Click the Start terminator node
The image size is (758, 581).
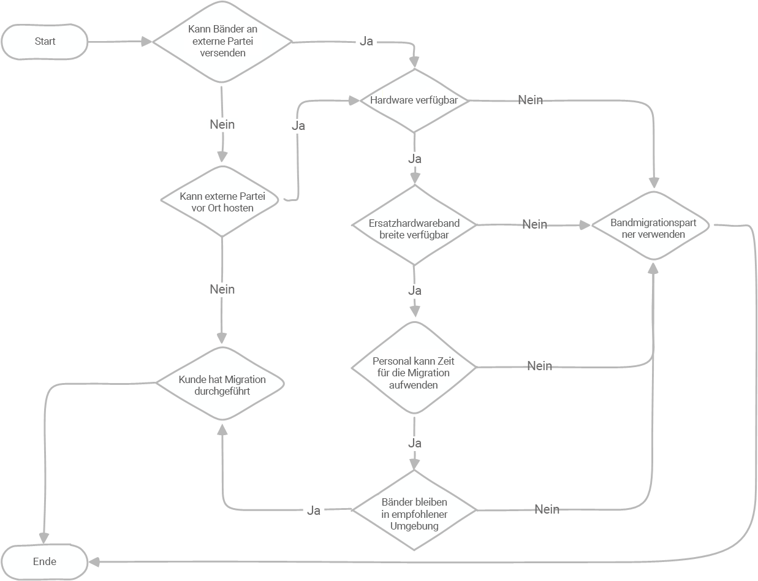pyautogui.click(x=45, y=42)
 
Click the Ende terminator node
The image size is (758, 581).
pyautogui.click(x=45, y=561)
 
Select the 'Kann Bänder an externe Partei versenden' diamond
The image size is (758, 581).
pyautogui.click(x=222, y=42)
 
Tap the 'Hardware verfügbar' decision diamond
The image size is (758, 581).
pyautogui.click(x=414, y=101)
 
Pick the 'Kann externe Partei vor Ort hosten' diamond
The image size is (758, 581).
pyautogui.click(x=222, y=202)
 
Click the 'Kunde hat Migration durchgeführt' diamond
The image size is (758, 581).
pyautogui.click(x=222, y=384)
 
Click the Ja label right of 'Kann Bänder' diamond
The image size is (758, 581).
pyautogui.click(x=366, y=42)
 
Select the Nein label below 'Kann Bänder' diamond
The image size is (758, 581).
pyautogui.click(x=222, y=124)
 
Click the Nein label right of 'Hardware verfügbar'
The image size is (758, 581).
pyautogui.click(x=530, y=100)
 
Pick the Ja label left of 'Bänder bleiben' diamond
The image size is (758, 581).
pyautogui.click(x=314, y=511)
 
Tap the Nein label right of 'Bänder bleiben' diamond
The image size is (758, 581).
pyautogui.click(x=547, y=509)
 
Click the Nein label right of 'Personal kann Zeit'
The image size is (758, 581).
pyautogui.click(x=539, y=366)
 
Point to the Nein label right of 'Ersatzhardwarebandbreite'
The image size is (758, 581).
pyautogui.click(x=534, y=224)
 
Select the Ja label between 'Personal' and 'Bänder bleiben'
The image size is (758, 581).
pyautogui.click(x=414, y=443)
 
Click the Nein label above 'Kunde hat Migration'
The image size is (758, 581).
pyautogui.click(x=222, y=289)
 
